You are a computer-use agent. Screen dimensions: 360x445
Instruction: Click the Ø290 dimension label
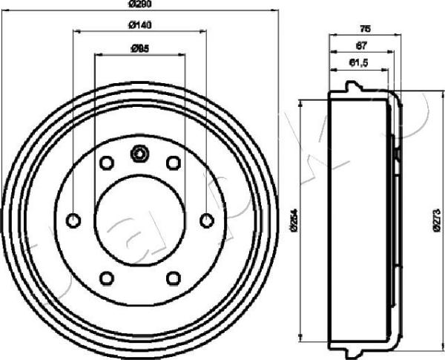pos(139,5)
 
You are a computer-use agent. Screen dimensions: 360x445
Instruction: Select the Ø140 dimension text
pos(139,26)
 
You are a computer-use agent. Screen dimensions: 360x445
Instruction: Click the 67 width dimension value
pos(360,46)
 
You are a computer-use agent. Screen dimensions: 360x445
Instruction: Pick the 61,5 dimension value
pos(358,64)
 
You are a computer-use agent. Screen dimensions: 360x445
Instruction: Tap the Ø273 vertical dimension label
pos(437,220)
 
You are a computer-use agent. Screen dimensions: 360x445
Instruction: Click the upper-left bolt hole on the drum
pos(106,163)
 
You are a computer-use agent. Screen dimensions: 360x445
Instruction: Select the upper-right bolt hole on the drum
pos(174,163)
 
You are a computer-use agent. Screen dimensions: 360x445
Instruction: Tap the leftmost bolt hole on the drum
pos(73,220)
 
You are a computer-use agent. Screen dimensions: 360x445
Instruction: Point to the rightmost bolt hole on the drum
pos(207,220)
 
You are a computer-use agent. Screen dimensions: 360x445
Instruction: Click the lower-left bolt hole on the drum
pos(106,278)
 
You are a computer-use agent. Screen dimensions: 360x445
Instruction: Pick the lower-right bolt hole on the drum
pos(174,278)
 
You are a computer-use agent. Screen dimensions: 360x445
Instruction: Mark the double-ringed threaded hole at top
pos(139,154)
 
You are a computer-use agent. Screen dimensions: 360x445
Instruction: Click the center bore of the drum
pos(139,220)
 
